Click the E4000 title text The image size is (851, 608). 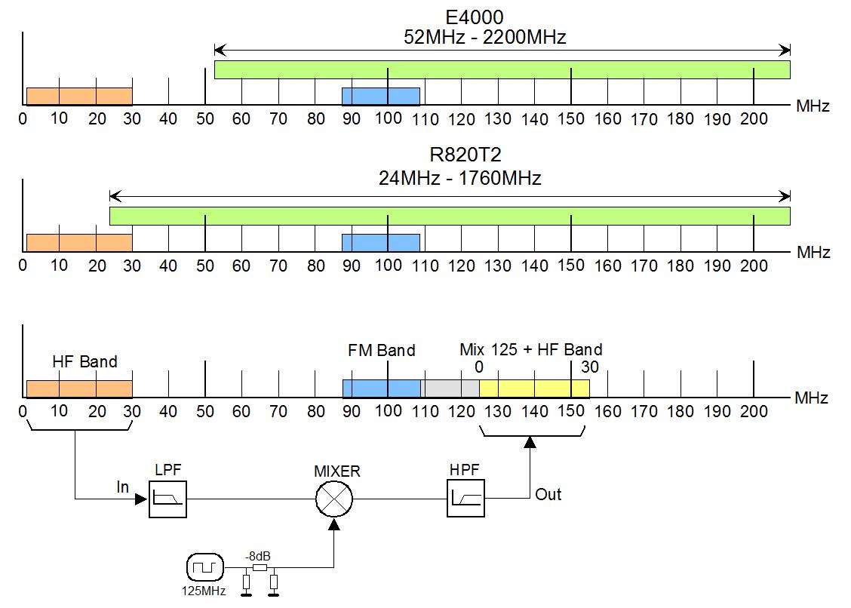click(x=475, y=17)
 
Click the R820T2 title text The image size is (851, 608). click(x=465, y=155)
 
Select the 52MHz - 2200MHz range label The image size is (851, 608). click(x=484, y=37)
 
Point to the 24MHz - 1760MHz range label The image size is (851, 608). click(x=459, y=178)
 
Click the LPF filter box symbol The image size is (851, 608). click(x=167, y=499)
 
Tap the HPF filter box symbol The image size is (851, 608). click(x=465, y=499)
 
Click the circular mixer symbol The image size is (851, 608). click(x=334, y=499)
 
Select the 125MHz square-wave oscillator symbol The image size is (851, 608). click(x=205, y=568)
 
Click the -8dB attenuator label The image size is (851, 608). click(x=258, y=557)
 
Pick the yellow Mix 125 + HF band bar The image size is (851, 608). click(x=534, y=388)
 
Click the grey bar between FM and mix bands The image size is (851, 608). click(x=450, y=388)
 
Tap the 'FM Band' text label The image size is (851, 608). click(x=382, y=350)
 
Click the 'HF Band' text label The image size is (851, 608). click(x=84, y=361)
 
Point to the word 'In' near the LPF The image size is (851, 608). click(x=123, y=487)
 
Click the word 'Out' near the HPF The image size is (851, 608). click(x=548, y=495)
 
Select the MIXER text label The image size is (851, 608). click(x=337, y=471)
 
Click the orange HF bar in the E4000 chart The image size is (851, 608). click(x=79, y=96)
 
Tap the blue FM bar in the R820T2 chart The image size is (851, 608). click(x=381, y=243)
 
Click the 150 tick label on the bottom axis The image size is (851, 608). click(x=571, y=411)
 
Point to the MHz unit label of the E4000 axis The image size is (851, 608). click(x=813, y=106)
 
